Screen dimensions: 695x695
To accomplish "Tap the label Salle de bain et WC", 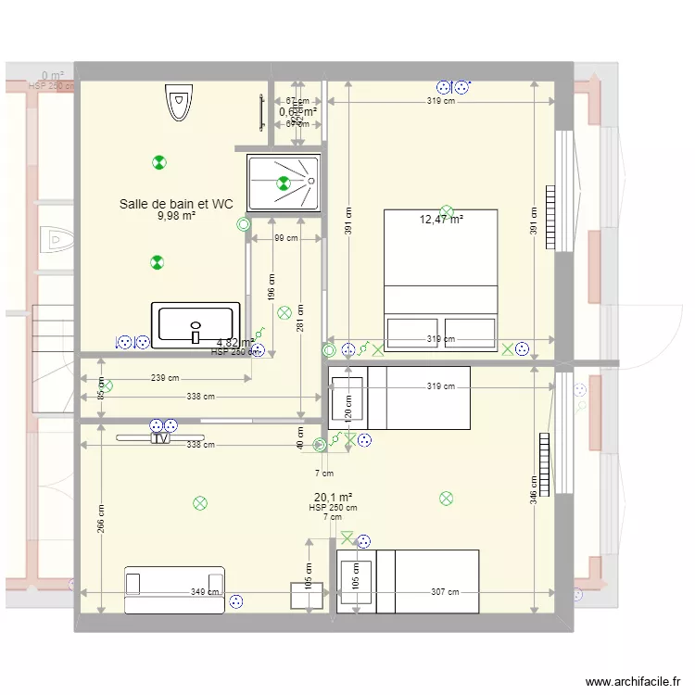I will [x=175, y=204].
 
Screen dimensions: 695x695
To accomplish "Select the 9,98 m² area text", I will [x=175, y=216].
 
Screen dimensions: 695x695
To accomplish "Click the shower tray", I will [x=284, y=183].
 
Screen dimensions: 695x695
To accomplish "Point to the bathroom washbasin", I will [x=196, y=325].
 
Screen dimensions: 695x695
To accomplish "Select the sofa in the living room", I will [x=175, y=589].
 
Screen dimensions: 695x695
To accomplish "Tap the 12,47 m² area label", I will [x=441, y=220].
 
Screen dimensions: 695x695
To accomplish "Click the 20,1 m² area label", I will [x=333, y=497].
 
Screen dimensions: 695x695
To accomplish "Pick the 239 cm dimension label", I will [x=164, y=378].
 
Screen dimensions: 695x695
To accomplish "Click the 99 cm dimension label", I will [x=286, y=238].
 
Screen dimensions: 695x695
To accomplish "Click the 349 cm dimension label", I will [x=205, y=592].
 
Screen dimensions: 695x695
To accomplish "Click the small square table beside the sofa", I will [x=307, y=596].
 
